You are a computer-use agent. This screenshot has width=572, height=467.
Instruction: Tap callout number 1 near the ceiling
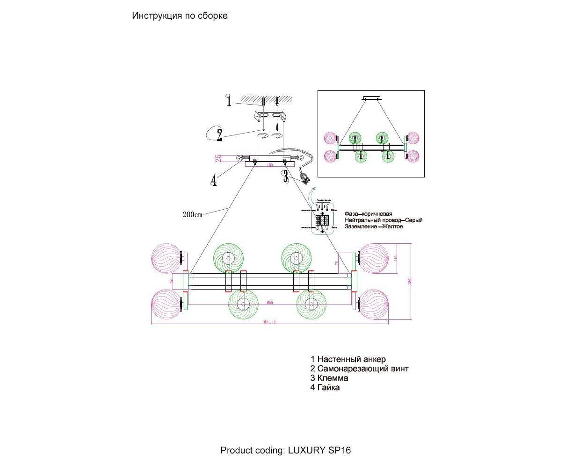point(229,101)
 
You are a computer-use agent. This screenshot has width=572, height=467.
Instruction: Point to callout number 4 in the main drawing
point(213,180)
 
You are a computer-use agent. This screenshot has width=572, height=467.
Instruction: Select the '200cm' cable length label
point(192,215)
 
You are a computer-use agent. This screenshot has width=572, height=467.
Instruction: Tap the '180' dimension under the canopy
point(269,165)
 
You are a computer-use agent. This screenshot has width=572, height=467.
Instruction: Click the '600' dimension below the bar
point(269,303)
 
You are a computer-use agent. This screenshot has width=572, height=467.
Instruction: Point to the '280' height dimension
point(409,281)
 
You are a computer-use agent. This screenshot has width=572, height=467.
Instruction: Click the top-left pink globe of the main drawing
point(165,257)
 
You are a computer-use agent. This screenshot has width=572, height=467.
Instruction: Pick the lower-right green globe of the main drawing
point(310,304)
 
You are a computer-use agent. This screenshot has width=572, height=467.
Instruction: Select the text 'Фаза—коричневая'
point(368,213)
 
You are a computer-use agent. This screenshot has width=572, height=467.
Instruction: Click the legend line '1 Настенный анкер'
point(348,359)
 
